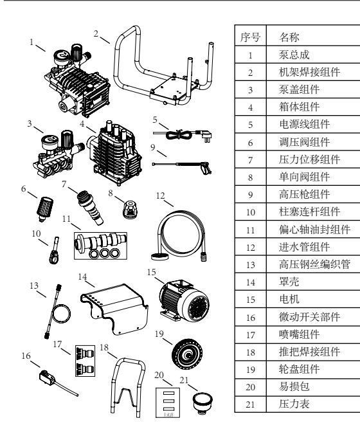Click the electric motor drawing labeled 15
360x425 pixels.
184,301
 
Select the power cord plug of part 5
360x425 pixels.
204,135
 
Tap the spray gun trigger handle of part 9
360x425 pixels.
206,168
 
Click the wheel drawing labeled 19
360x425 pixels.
187,354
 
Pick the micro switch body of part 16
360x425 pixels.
46,377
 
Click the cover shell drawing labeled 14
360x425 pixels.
114,309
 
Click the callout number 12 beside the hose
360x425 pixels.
160,195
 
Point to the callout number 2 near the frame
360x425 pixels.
96,33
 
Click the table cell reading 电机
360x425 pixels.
289,299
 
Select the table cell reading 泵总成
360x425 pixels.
294,55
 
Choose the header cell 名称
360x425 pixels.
289,37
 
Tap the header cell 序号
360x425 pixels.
251,37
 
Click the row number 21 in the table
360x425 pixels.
251,404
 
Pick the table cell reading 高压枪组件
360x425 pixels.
305,194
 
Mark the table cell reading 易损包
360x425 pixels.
294,386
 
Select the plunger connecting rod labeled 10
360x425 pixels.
54,251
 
